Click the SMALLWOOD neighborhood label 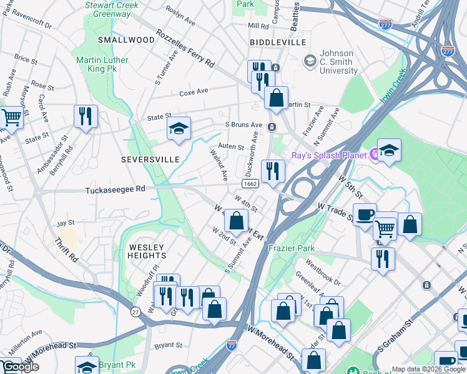(125, 39)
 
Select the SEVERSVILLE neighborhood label (150, 160)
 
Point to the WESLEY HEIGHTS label (147, 251)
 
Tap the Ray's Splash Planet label (329, 155)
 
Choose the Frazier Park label (291, 247)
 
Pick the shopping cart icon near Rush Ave (11, 116)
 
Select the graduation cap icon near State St (179, 129)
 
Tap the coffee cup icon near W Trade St (365, 214)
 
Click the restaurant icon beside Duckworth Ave (272, 171)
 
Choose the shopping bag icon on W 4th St (237, 220)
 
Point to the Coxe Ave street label (194, 92)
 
